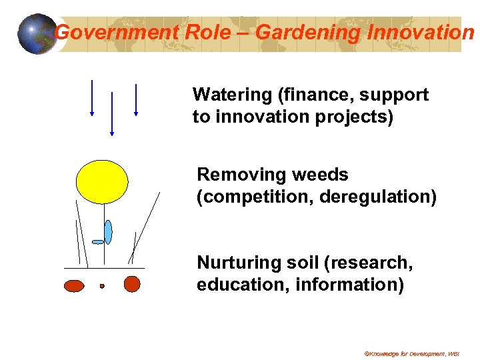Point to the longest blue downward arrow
pyautogui.click(x=112, y=113)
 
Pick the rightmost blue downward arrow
pyautogui.click(x=135, y=99)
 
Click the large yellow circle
pyautogui.click(x=101, y=180)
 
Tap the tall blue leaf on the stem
pyautogui.click(x=108, y=231)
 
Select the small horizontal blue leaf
pyautogui.click(x=98, y=241)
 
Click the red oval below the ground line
pyautogui.click(x=74, y=286)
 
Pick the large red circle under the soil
pyautogui.click(x=132, y=284)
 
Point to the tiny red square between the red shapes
pyautogui.click(x=102, y=286)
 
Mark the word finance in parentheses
pyautogui.click(x=313, y=95)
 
